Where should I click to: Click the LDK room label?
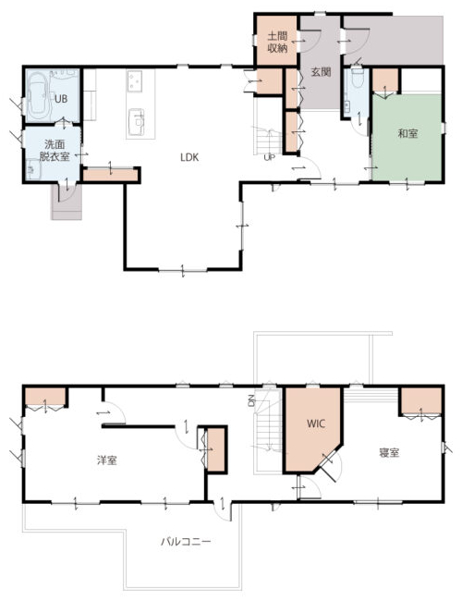[189, 157]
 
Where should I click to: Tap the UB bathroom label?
[61, 99]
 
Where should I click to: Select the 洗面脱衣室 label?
[55, 150]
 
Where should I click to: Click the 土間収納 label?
[277, 43]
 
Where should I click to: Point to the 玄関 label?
[321, 72]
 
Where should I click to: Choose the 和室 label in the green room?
[407, 133]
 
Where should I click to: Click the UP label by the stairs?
[269, 157]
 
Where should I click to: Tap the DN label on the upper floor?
[251, 400]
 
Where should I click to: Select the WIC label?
[316, 423]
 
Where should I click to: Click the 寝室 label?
[389, 453]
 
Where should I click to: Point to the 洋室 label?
[107, 460]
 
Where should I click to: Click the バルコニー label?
[186, 542]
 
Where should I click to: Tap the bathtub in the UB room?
[38, 94]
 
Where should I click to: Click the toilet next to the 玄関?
[357, 77]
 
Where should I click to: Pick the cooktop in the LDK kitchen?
[134, 80]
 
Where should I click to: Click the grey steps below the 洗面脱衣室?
[67, 202]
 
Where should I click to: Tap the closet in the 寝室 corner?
[421, 402]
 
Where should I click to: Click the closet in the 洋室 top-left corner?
[45, 397]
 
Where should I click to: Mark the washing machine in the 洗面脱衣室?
[33, 169]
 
